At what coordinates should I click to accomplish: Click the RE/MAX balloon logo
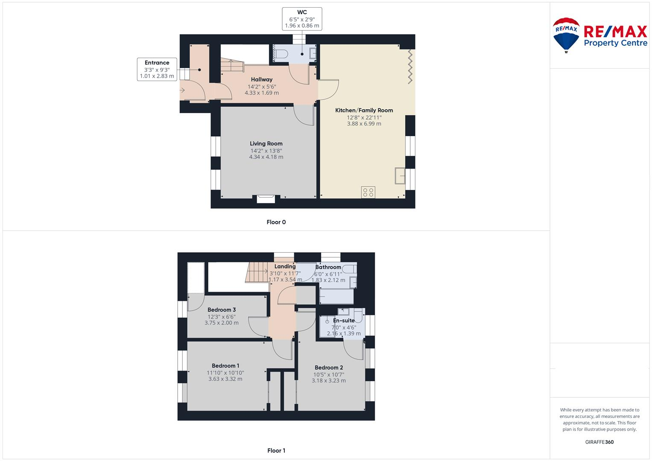[566, 35]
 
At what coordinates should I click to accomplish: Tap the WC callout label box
[302, 19]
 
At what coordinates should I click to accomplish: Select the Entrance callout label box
[157, 69]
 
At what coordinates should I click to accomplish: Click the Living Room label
[266, 144]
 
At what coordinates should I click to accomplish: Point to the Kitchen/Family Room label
[364, 110]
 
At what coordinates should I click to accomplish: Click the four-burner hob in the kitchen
[368, 192]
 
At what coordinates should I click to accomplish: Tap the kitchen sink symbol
[400, 175]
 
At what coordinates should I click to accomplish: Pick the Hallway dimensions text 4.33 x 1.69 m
[261, 93]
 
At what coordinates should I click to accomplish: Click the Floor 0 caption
[276, 222]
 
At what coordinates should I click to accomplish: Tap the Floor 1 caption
[276, 450]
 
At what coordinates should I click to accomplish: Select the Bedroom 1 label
[225, 365]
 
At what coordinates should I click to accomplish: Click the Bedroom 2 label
[329, 368]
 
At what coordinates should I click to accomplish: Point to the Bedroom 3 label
[222, 309]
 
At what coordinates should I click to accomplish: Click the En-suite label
[344, 320]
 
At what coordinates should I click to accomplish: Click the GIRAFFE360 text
[599, 442]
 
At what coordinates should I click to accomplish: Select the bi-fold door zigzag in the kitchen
[409, 66]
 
